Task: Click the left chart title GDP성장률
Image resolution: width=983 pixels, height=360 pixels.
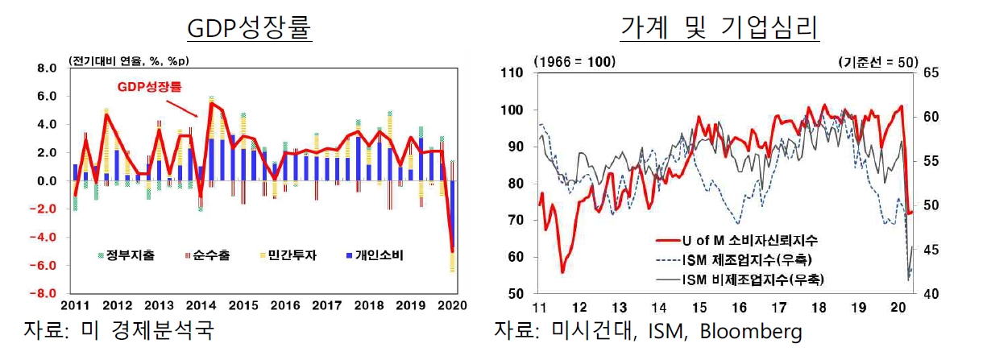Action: pos(249,27)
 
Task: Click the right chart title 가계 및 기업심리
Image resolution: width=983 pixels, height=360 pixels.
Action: pos(720,27)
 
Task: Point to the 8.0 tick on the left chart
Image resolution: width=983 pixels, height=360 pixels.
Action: pos(47,68)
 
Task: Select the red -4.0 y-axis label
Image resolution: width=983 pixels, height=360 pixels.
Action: pos(44,238)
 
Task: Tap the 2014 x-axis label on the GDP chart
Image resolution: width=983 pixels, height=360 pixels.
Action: pos(201,305)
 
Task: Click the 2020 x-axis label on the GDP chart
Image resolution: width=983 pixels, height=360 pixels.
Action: pos(452,305)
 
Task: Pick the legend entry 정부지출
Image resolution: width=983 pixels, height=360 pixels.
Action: pos(127,255)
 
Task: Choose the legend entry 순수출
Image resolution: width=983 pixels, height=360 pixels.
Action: pos(208,255)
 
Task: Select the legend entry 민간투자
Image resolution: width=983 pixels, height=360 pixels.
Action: pos(288,255)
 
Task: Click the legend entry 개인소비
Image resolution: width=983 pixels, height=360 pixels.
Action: pos(375,255)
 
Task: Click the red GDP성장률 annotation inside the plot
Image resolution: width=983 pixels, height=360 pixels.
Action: pos(150,87)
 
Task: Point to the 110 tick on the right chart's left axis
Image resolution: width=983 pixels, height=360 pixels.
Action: pos(512,72)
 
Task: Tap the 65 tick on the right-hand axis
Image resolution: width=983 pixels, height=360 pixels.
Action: pos(931,72)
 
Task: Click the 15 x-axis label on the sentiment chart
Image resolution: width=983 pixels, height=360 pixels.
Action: pos(699,308)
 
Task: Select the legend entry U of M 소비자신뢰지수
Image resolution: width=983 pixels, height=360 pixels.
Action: pos(736,240)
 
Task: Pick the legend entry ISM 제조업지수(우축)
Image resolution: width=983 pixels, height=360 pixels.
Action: pos(734,260)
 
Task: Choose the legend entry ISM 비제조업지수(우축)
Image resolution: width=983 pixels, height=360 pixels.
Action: pos(740,279)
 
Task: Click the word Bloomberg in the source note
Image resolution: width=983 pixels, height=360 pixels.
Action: pos(750,332)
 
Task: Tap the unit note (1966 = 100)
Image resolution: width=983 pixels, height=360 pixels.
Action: pos(574,62)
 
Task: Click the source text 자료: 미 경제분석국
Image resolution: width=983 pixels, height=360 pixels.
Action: pos(118,330)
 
